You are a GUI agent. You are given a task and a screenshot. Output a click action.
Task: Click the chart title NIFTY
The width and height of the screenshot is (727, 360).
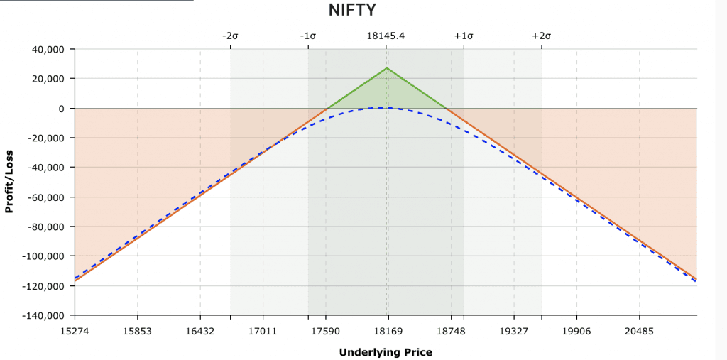(352, 11)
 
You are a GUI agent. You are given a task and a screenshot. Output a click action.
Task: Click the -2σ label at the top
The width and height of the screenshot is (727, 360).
(230, 36)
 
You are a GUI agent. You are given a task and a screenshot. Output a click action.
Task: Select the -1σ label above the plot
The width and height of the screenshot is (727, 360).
(307, 36)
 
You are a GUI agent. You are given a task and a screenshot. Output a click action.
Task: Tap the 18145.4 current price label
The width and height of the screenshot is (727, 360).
(386, 36)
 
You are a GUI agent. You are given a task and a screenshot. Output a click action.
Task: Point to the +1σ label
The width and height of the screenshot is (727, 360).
(463, 36)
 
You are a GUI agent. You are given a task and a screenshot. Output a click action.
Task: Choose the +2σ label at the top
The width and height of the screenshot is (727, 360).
(541, 36)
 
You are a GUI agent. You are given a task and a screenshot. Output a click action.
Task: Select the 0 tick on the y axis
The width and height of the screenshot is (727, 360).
(62, 108)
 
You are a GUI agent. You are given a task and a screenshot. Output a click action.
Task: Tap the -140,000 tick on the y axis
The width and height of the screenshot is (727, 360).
(43, 315)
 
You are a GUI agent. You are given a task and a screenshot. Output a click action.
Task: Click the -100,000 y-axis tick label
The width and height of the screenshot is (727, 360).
(43, 256)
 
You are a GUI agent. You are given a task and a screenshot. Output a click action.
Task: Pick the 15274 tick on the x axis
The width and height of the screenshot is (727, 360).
(75, 330)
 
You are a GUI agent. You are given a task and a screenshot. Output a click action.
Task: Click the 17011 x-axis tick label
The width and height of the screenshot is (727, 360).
(263, 330)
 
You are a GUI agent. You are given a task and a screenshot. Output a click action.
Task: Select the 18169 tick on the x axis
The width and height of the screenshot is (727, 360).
(388, 330)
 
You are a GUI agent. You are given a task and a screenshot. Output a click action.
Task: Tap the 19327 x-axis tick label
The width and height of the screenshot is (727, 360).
(513, 330)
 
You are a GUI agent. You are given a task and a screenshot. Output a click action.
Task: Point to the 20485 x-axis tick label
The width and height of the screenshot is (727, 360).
(639, 330)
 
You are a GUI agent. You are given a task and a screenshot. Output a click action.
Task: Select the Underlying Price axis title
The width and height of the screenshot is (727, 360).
(386, 351)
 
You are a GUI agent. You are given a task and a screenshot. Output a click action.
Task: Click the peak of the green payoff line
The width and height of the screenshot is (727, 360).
(386, 68)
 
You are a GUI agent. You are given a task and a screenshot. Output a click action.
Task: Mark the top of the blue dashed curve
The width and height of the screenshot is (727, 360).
(384, 107)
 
